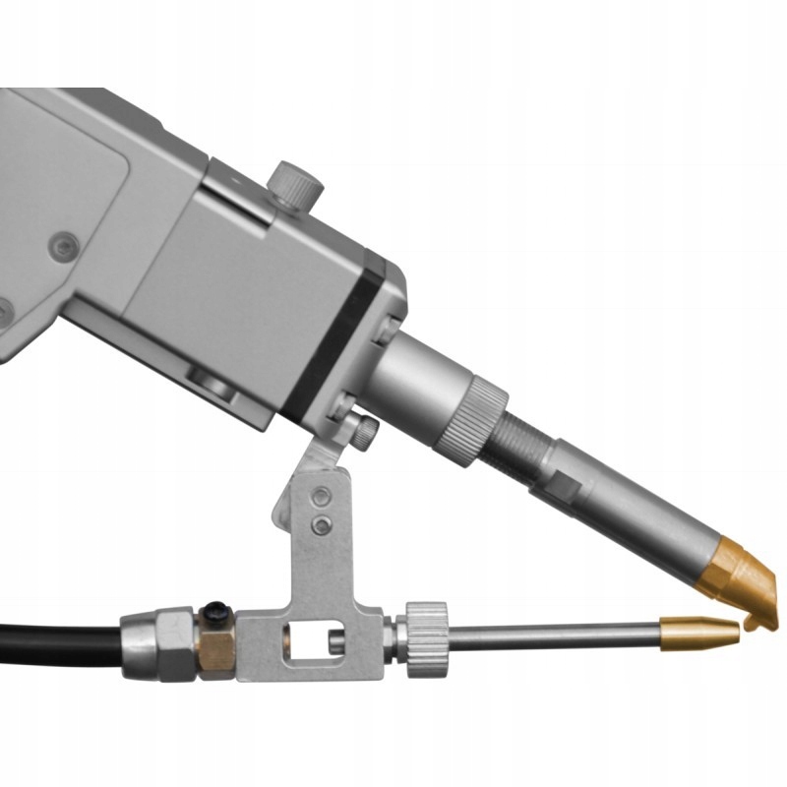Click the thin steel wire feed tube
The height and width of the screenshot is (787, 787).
[x=551, y=637]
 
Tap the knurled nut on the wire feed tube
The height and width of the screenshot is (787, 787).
[x=427, y=638]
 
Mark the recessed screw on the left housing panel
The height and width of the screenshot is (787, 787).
[x=65, y=246]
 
